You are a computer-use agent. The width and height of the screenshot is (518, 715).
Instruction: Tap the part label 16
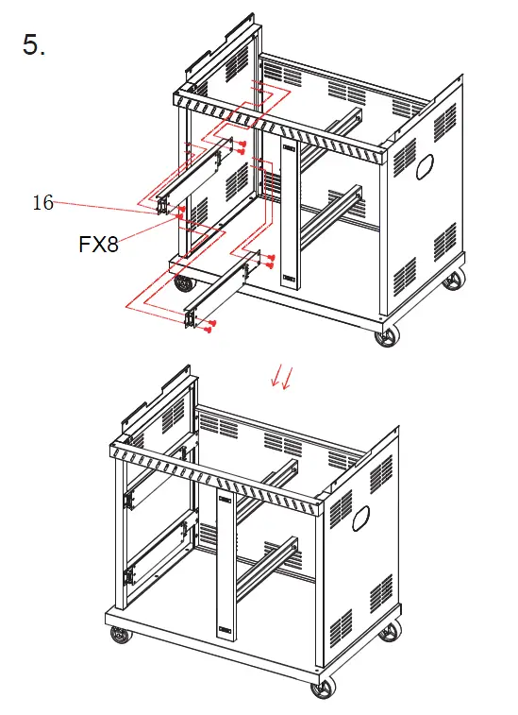tap(42, 202)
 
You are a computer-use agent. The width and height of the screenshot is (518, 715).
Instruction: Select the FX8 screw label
tap(98, 245)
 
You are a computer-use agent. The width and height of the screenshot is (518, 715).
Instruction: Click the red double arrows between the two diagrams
tap(281, 378)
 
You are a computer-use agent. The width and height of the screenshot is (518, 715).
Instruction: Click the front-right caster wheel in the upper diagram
tap(385, 335)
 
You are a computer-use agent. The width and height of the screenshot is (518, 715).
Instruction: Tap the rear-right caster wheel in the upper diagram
tap(455, 281)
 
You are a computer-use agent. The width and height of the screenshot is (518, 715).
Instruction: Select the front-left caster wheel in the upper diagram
tap(182, 282)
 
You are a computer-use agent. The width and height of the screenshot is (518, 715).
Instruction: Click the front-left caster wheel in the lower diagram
tap(121, 639)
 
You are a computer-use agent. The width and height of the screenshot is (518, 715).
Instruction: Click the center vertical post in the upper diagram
tap(289, 213)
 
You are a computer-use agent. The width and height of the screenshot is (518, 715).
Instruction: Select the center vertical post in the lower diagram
tap(226, 567)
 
